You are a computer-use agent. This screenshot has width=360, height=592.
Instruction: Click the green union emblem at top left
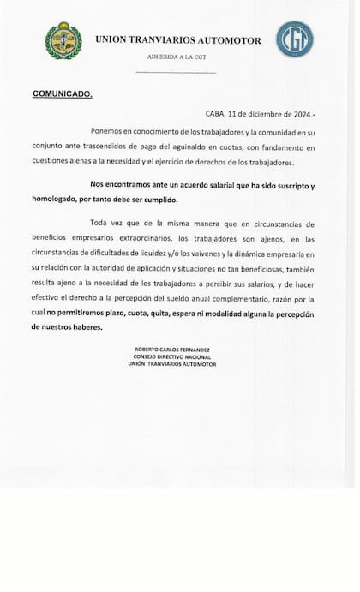[63, 40]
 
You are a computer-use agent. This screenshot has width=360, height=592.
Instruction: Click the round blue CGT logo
[294, 39]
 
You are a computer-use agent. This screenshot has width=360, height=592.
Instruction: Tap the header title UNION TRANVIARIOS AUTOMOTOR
[177, 39]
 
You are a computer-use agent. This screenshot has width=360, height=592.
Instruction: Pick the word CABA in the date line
[215, 114]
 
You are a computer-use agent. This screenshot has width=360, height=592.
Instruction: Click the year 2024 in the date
[303, 114]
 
